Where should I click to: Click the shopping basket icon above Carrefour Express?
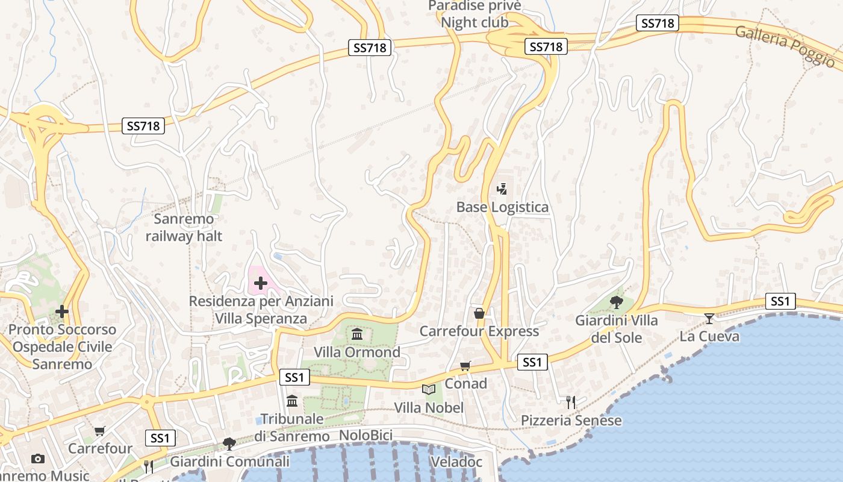[479, 313]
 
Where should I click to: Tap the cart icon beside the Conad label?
[465, 366]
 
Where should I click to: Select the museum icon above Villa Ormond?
[357, 334]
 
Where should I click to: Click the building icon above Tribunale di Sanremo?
[292, 401]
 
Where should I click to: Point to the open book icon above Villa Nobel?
[429, 390]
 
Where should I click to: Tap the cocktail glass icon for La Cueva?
[709, 318]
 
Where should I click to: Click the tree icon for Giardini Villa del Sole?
[616, 302]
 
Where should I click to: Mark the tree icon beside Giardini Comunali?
[229, 444]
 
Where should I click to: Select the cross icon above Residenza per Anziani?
[261, 283]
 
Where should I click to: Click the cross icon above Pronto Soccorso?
[61, 311]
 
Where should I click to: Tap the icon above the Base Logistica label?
[502, 189]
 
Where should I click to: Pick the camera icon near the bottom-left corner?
[38, 459]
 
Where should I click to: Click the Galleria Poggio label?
[785, 46]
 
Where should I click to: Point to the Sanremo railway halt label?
[184, 227]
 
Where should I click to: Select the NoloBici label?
[366, 436]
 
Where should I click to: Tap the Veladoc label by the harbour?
[456, 462]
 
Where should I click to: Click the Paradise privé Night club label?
[474, 14]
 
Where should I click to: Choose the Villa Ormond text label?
[357, 352]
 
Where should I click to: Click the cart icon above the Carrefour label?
[100, 431]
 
